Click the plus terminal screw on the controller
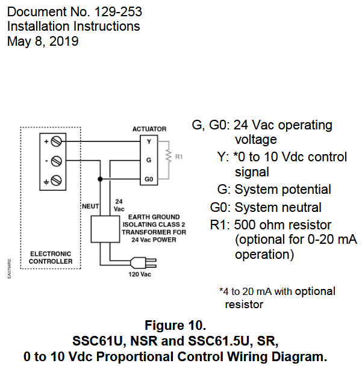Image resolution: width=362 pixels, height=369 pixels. point(56,142)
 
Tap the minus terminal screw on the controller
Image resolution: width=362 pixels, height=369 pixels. point(56,161)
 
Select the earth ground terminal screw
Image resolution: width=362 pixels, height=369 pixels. point(56,180)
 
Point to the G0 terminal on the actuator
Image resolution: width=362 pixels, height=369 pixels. point(148,179)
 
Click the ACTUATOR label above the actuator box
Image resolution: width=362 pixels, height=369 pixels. point(149,129)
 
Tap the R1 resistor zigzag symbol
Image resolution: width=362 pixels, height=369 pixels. point(170,157)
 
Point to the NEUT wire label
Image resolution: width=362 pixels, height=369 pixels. point(89,206)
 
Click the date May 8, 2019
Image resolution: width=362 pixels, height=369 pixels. point(43,42)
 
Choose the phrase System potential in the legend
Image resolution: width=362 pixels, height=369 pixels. point(282,190)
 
